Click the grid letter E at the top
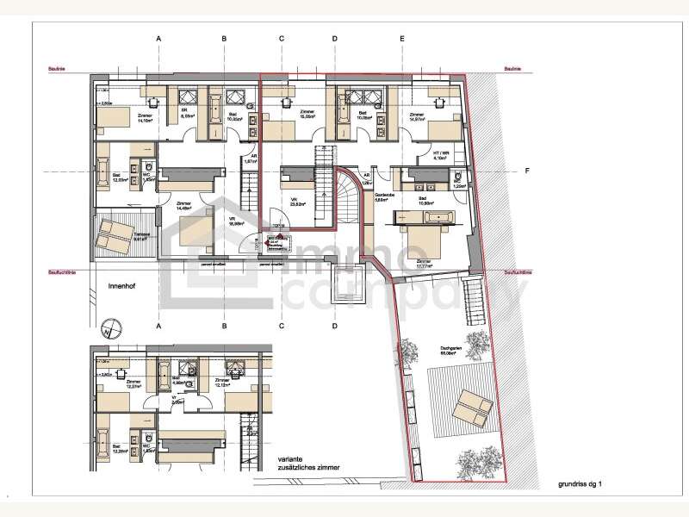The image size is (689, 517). (x=401, y=39)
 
